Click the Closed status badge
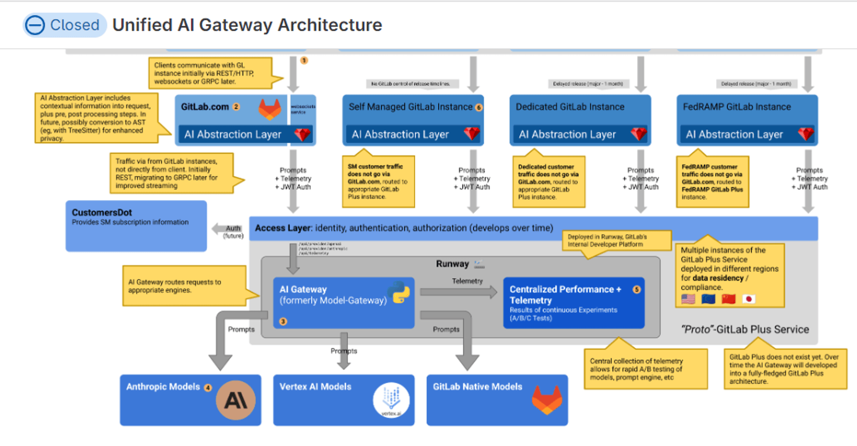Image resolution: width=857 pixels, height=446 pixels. [64, 25]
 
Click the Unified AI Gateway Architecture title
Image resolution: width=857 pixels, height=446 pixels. [247, 25]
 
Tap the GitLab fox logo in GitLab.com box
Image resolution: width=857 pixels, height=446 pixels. [270, 109]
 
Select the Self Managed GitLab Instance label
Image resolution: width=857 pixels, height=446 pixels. [410, 107]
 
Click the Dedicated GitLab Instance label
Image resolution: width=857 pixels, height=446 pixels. [570, 107]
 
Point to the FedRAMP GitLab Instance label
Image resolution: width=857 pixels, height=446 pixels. [736, 107]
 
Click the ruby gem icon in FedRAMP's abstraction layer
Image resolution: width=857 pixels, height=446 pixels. [806, 134]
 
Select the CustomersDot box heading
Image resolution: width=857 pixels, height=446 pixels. [102, 212]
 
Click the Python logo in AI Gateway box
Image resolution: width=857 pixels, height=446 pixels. [401, 292]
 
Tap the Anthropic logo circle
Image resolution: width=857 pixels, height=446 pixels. [236, 400]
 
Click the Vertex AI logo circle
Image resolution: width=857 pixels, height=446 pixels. [392, 400]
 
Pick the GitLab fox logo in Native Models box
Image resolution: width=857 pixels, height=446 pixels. [547, 400]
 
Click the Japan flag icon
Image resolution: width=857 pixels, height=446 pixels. [749, 299]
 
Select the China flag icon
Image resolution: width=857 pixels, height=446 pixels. [728, 299]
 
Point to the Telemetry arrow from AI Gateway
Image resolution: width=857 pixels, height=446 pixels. [458, 292]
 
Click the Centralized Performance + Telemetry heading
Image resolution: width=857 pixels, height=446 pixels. [565, 294]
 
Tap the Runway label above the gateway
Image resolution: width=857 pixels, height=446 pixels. [452, 264]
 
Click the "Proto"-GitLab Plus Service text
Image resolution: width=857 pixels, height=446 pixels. [745, 329]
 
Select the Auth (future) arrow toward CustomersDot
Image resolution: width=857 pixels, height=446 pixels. [225, 229]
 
